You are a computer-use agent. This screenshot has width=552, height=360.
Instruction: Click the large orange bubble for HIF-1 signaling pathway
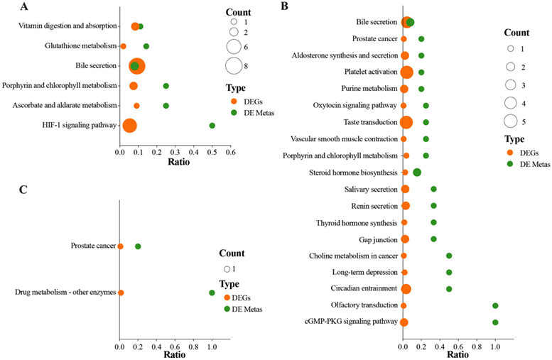tap(129, 126)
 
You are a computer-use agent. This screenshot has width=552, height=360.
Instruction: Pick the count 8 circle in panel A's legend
tap(233, 67)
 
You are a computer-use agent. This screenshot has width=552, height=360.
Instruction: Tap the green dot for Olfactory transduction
tap(495, 305)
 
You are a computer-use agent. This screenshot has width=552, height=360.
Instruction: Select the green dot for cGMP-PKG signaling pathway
tap(495, 322)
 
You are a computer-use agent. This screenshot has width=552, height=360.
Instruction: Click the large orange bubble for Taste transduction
tap(406, 122)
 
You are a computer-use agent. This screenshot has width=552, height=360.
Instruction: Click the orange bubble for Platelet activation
tap(406, 72)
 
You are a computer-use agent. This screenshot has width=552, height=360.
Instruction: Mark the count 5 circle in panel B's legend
tap(510, 119)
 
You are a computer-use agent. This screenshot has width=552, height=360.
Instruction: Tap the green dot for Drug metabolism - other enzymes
tap(212, 293)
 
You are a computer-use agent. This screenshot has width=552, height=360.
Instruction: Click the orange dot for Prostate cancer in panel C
tap(120, 246)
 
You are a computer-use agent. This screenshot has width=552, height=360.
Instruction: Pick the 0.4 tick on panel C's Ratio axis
tap(156, 347)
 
